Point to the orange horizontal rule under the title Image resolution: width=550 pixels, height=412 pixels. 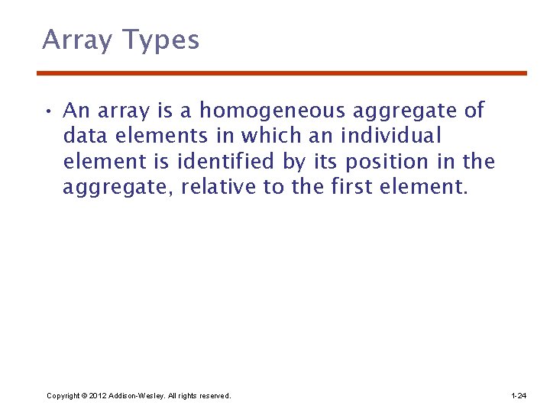282,73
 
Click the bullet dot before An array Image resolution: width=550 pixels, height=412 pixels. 48,112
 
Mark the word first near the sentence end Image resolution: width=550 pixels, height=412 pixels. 350,187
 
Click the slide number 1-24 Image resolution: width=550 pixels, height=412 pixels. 518,396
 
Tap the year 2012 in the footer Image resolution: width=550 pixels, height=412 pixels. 99,396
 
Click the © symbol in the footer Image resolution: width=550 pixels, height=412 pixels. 84,396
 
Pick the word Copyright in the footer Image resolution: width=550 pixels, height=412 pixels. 63,396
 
